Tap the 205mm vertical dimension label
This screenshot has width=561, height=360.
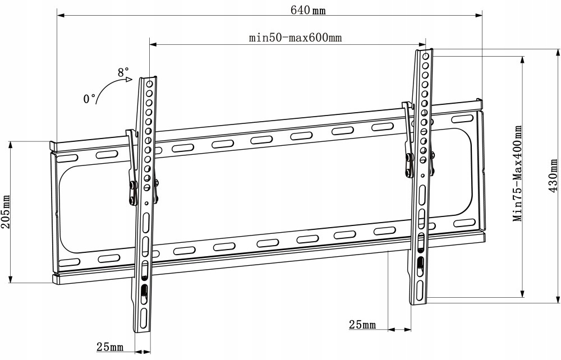[6, 212]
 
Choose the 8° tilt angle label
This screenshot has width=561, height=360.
[123, 72]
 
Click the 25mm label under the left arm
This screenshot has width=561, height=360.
[109, 348]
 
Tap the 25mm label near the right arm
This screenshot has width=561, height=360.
[362, 324]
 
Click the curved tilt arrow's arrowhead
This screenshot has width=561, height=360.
[129, 80]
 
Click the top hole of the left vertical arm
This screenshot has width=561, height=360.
[149, 85]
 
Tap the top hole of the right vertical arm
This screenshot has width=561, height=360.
[425, 57]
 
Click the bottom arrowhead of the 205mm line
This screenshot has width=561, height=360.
[11, 280]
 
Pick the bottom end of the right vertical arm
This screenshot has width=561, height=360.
[420, 302]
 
